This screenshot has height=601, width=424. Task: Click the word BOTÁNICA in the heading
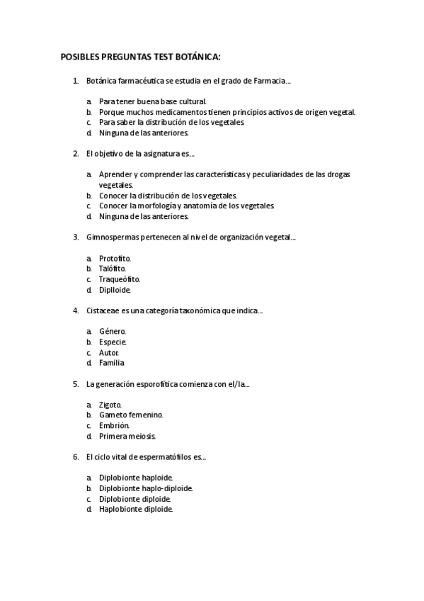click(196, 56)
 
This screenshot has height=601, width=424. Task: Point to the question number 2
click(76, 153)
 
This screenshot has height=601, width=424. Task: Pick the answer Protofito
click(115, 258)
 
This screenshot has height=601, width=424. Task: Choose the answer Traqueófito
click(119, 279)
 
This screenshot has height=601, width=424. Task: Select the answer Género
click(113, 331)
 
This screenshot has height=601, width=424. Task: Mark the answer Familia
click(112, 362)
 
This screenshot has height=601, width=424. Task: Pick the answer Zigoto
click(110, 404)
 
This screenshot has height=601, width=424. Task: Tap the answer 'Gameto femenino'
click(131, 415)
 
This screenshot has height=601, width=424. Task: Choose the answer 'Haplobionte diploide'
click(135, 509)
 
